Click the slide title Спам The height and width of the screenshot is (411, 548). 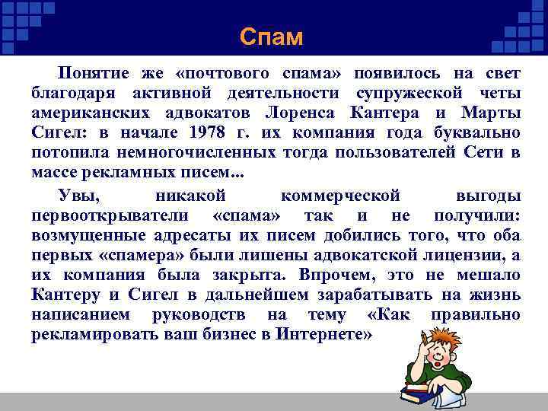(270, 37)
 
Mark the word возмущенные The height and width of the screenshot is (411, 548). (85, 235)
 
